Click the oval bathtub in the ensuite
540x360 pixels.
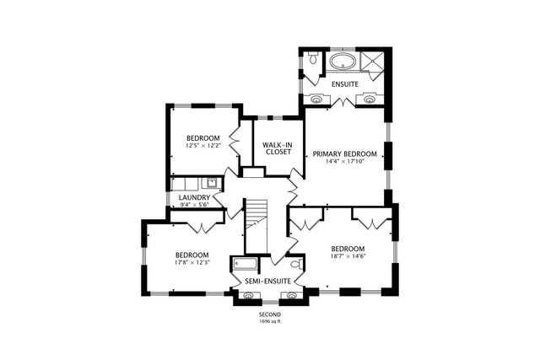coord(343,62)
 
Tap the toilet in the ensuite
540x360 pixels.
coord(312,59)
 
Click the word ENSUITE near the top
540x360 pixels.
coord(344,84)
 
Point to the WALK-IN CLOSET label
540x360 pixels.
coord(278,148)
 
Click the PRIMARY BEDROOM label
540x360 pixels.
coord(344,153)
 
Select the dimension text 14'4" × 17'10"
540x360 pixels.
coord(344,163)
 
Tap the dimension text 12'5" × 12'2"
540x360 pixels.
coord(203,147)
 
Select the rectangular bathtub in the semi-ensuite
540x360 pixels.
coord(244,263)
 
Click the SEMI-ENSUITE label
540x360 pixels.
coord(267,280)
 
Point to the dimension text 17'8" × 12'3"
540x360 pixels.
coord(192,263)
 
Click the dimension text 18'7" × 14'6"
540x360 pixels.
coord(348,257)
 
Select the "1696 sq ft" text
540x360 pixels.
coord(270,321)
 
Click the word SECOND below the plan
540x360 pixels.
coord(270,314)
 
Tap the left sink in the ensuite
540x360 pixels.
coord(317,98)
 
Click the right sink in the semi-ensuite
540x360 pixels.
coord(292,295)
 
